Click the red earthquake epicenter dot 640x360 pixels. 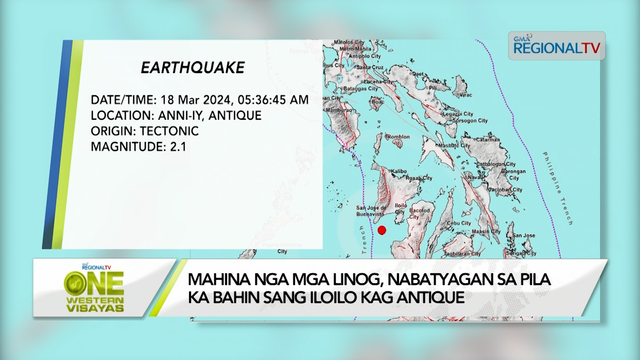pyautogui.click(x=382, y=230)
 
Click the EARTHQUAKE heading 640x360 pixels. pyautogui.click(x=193, y=68)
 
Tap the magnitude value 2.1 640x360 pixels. pyautogui.click(x=178, y=147)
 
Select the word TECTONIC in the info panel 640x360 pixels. pyautogui.click(x=169, y=131)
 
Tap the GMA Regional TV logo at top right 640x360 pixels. pyautogui.click(x=556, y=46)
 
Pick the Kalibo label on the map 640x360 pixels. pyautogui.click(x=399, y=171)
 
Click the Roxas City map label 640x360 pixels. pyautogui.click(x=419, y=178)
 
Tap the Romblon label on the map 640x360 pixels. pyautogui.click(x=398, y=137)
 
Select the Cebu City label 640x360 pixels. pyautogui.click(x=459, y=223)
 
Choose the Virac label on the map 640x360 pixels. pyautogui.click(x=466, y=95)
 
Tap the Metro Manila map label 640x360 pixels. pyautogui.click(x=355, y=49)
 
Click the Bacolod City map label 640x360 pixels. pyautogui.click(x=419, y=213)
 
